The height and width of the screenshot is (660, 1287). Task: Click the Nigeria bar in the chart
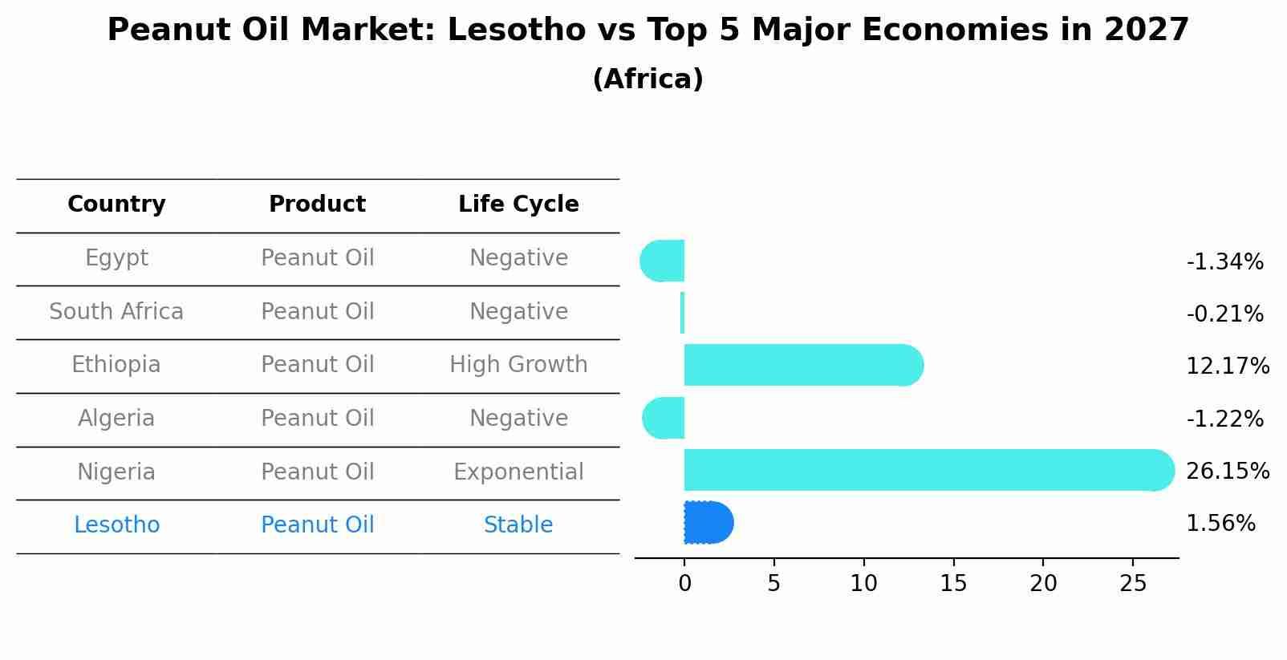923,470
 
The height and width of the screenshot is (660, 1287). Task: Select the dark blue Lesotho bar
708,523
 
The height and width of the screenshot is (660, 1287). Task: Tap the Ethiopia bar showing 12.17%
802,365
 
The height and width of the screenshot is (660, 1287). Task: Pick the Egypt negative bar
664,261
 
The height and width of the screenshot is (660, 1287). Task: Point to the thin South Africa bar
682,313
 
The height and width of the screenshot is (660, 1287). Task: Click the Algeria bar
664,418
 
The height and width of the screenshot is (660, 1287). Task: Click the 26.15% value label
1227,471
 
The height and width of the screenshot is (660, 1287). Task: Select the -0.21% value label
1224,314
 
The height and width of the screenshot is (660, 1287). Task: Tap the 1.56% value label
1220,524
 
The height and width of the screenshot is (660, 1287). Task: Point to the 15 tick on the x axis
953,584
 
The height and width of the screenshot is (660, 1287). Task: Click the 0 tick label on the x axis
684,584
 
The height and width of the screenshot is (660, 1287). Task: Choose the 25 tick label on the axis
1133,584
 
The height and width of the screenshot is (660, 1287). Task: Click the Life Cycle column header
518,204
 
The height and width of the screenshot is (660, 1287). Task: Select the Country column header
116,204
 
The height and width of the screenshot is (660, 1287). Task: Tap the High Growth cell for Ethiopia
518,365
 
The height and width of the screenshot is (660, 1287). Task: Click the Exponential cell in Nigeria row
518,472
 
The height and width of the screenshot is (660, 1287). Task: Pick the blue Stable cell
518,525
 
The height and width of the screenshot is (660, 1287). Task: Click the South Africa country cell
116,311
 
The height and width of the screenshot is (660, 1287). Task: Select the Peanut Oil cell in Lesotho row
318,525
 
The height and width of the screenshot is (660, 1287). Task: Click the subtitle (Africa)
648,79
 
